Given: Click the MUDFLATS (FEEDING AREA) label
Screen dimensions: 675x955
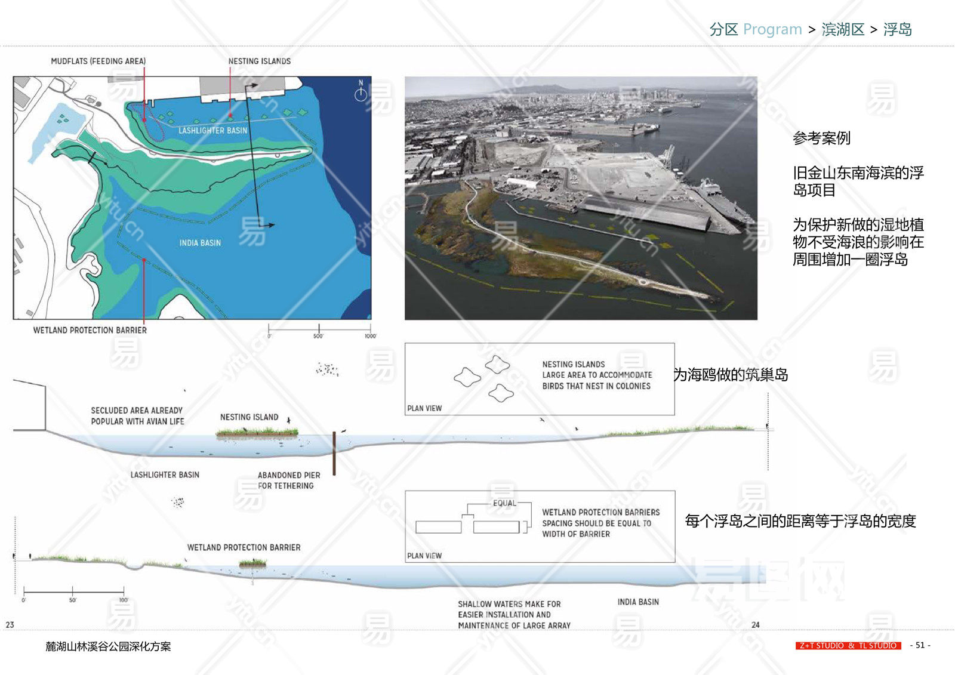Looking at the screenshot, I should pyautogui.click(x=98, y=61).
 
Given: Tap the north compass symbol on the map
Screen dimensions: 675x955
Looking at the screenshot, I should pyautogui.click(x=361, y=93).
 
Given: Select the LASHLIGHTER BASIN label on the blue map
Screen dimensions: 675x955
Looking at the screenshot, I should pyautogui.click(x=212, y=130).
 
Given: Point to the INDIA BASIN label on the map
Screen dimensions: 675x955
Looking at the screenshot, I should pyautogui.click(x=200, y=243).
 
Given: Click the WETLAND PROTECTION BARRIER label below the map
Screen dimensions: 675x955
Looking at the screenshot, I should pyautogui.click(x=90, y=330).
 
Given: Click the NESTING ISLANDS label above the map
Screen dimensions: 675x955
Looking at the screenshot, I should pyautogui.click(x=259, y=61).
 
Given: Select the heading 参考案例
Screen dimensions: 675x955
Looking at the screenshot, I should pyautogui.click(x=821, y=138).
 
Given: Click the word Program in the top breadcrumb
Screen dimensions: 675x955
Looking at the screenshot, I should pyautogui.click(x=772, y=29).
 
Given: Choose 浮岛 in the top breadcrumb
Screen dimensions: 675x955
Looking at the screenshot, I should pyautogui.click(x=897, y=29).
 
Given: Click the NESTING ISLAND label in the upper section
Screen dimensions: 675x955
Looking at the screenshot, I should pyautogui.click(x=249, y=417).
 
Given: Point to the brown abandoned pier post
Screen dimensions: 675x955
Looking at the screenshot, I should pyautogui.click(x=334, y=453).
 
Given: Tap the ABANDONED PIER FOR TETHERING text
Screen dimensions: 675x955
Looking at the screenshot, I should pyautogui.click(x=288, y=480).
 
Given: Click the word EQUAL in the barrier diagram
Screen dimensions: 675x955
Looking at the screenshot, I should pyautogui.click(x=504, y=503).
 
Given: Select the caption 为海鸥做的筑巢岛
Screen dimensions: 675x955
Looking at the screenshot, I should pyautogui.click(x=731, y=375).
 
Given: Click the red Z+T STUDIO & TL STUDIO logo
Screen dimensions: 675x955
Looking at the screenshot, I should pyautogui.click(x=848, y=645).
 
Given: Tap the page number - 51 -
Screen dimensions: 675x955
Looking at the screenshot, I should pyautogui.click(x=920, y=645).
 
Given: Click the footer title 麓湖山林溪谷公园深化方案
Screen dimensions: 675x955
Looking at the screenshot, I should pyautogui.click(x=108, y=646).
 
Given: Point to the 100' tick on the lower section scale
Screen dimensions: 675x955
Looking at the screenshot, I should pyautogui.click(x=123, y=593).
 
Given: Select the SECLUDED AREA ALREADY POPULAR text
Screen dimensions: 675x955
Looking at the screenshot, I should pyautogui.click(x=137, y=416).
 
